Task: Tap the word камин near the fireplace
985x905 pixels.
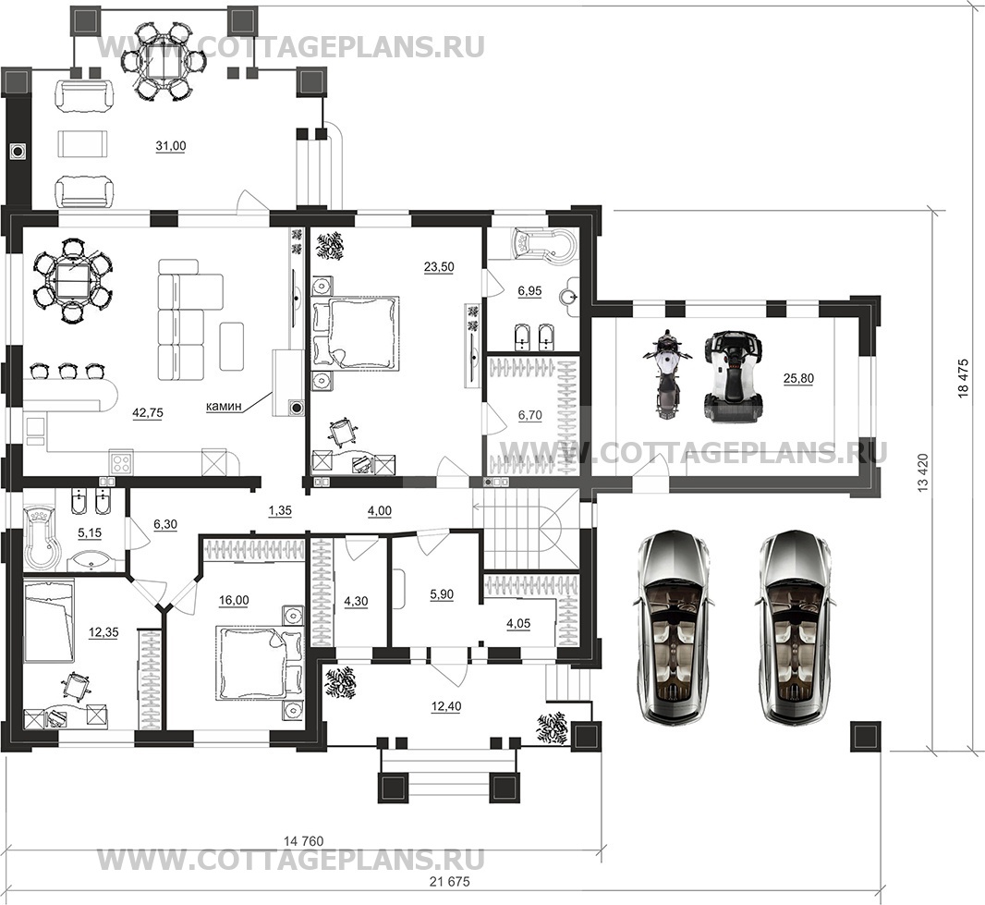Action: coord(225,406)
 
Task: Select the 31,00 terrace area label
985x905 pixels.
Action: coord(171,146)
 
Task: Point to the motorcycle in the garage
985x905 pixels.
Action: coord(666,375)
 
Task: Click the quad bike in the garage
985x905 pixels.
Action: coord(733,377)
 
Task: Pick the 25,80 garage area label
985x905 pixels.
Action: coord(798,378)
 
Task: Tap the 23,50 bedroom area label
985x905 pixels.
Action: coord(439,266)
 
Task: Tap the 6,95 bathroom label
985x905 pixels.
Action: coord(529,291)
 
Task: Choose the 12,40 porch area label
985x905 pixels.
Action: coord(446,706)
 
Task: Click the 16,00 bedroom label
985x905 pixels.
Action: coord(234,600)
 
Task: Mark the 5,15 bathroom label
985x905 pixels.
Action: coord(90,532)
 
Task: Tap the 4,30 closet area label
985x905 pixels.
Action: coord(356,601)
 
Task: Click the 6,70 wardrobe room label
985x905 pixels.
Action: coord(529,415)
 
